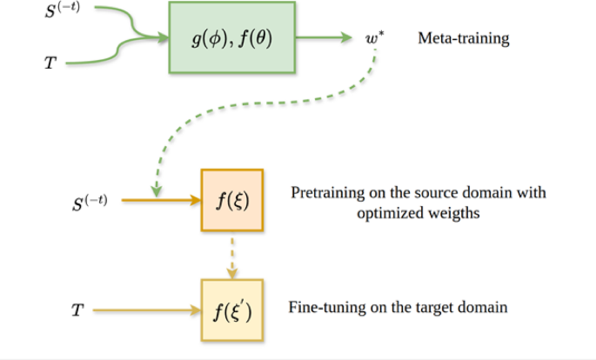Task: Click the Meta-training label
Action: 464,39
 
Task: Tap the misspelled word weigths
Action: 458,213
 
